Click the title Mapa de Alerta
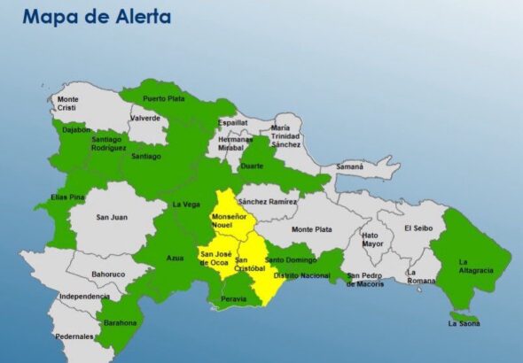(x=97, y=17)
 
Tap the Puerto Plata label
(x=164, y=98)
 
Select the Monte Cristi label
(x=68, y=103)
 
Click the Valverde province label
(x=144, y=118)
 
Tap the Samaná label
(x=352, y=167)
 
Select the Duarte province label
(x=253, y=166)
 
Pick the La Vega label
(x=186, y=204)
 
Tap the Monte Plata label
(x=312, y=229)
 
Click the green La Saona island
(x=464, y=316)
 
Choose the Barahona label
(x=121, y=323)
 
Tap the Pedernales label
(x=74, y=337)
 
